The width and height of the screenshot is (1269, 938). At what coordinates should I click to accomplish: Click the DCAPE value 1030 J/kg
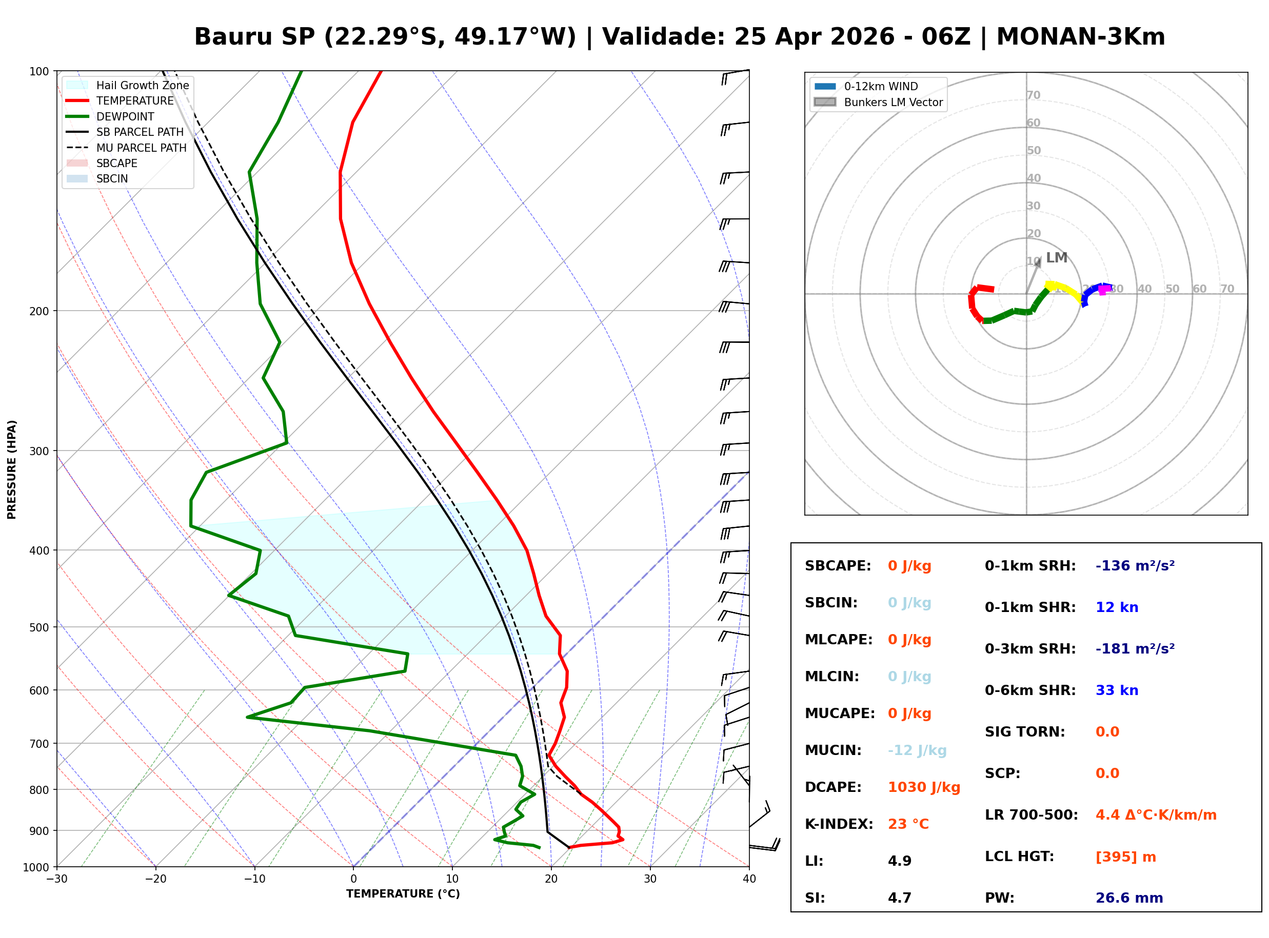[924, 787]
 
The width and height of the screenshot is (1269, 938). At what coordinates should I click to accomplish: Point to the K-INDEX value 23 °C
[908, 824]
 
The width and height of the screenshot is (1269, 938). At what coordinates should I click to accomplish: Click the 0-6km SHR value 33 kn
[1116, 690]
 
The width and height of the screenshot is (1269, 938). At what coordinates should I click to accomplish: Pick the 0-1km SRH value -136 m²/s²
[1135, 566]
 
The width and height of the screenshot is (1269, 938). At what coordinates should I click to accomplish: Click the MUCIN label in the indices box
[832, 750]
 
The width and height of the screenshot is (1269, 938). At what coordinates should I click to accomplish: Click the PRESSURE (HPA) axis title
[11, 470]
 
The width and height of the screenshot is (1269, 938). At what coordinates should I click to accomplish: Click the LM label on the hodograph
[1056, 258]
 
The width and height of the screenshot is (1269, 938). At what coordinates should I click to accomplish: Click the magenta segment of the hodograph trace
[1104, 290]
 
